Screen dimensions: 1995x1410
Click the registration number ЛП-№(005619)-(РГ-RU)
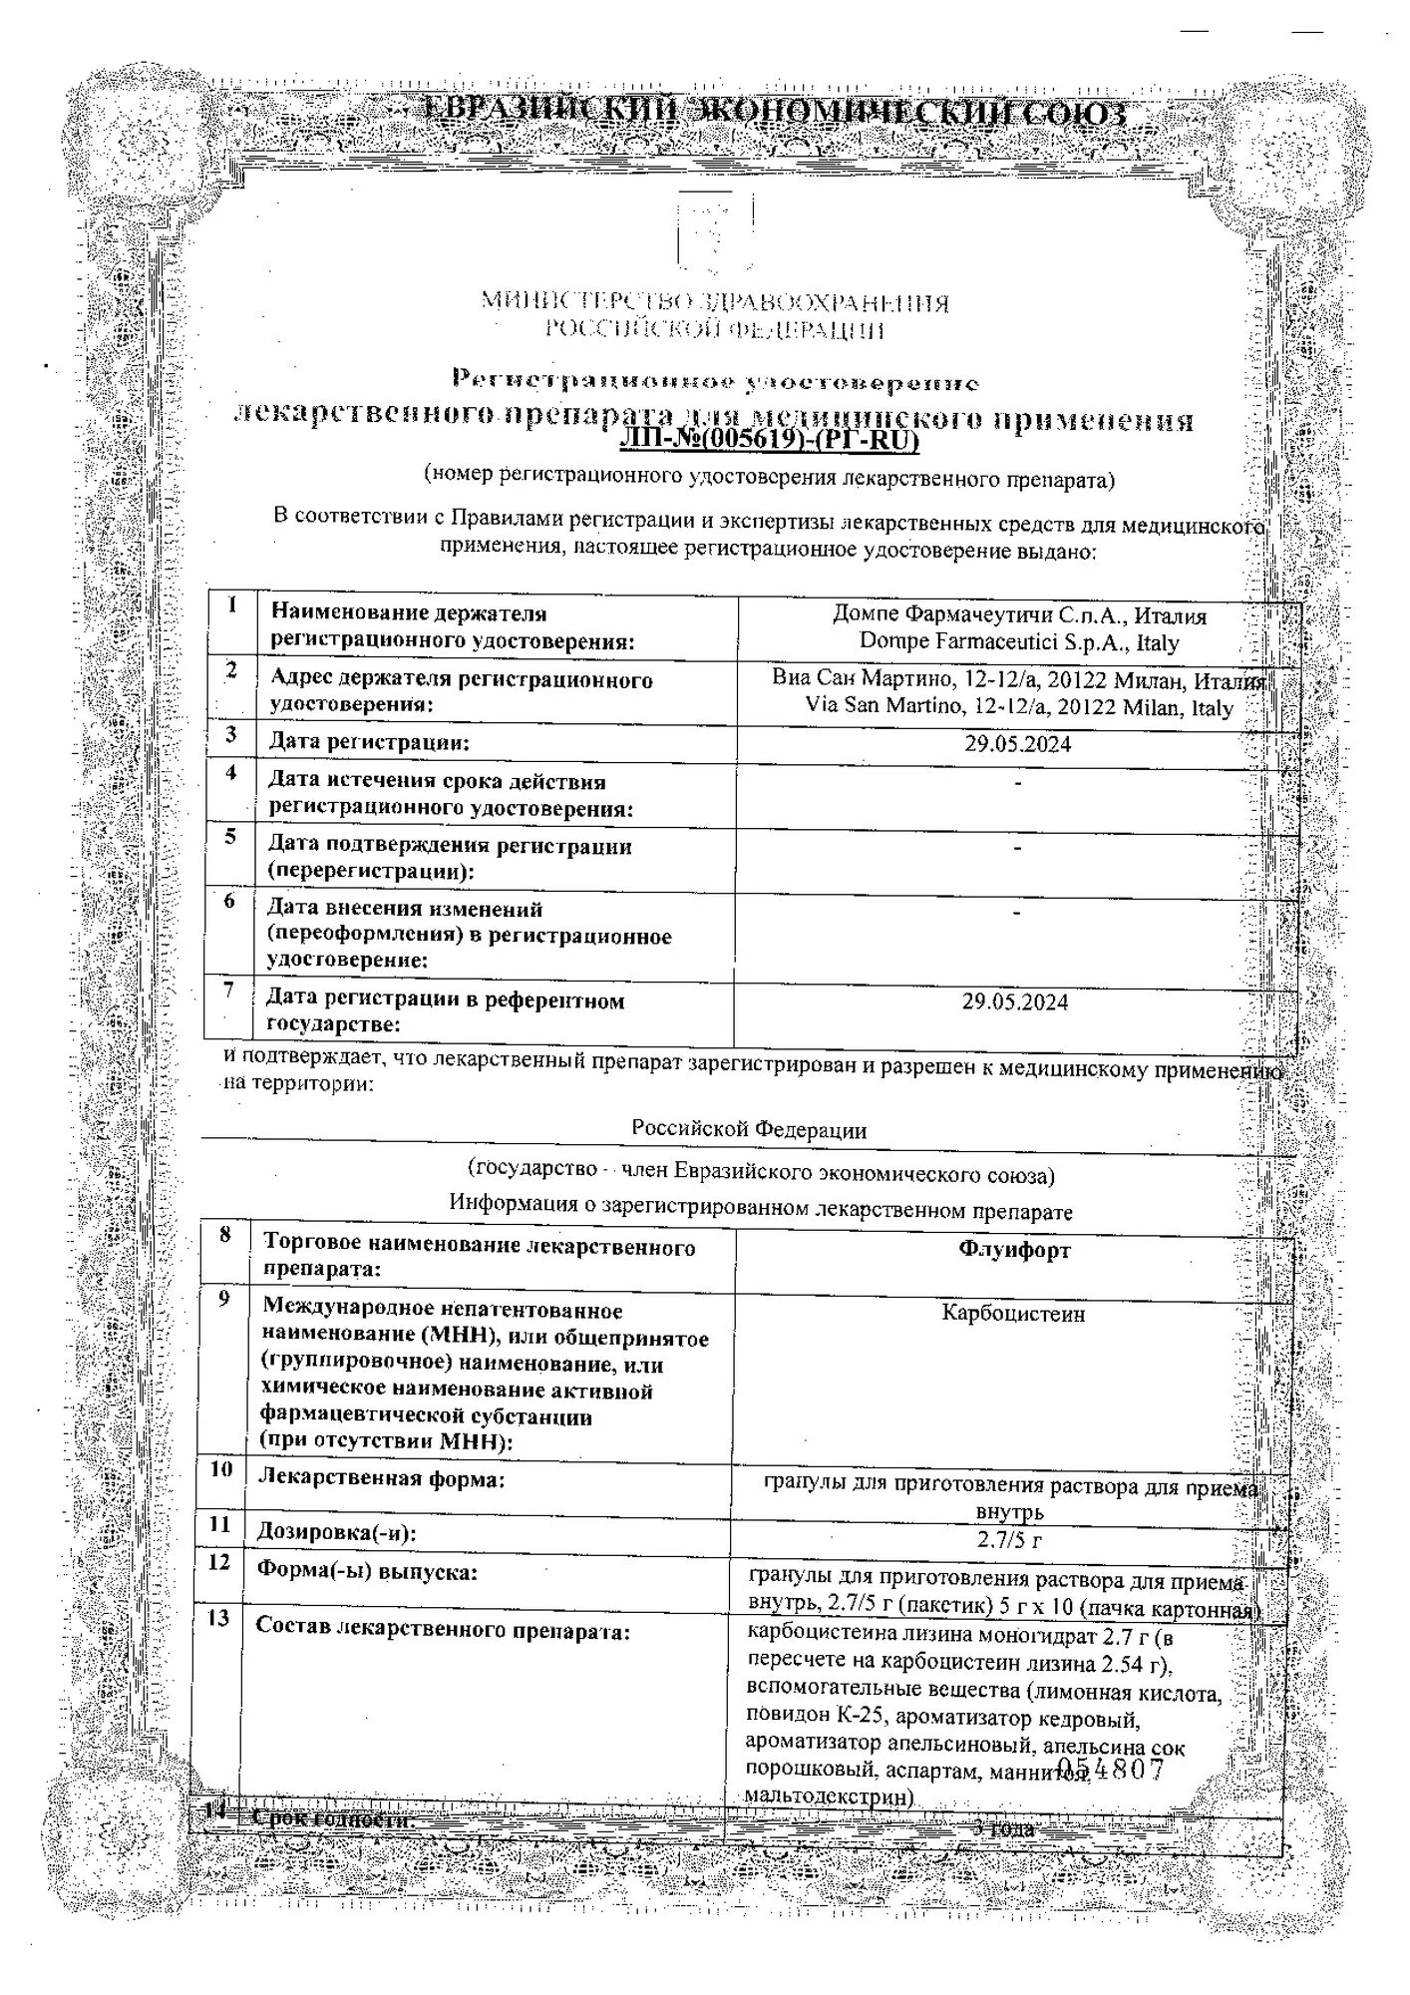pos(768,441)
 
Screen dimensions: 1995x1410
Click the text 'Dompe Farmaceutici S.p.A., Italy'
pos(1019,643)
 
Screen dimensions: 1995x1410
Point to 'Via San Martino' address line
pos(1019,708)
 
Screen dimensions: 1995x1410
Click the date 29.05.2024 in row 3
pos(1018,744)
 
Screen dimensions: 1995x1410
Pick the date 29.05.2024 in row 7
pos(1015,1002)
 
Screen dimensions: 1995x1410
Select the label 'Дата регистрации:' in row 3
pos(369,742)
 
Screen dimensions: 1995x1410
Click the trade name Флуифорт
pos(1014,1250)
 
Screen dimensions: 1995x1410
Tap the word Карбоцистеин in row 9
pos(1013,1314)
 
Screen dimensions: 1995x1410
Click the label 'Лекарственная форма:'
pos(381,1478)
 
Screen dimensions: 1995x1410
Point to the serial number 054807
pos(1110,1771)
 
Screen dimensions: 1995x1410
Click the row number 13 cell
pos(218,1619)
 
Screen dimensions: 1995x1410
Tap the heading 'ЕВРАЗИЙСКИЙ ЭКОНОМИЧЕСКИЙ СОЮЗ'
pos(775,112)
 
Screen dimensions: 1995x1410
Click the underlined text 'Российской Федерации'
pos(749,1129)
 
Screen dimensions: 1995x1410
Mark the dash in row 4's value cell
pos(1017,783)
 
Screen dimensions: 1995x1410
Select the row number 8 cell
pos(225,1235)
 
